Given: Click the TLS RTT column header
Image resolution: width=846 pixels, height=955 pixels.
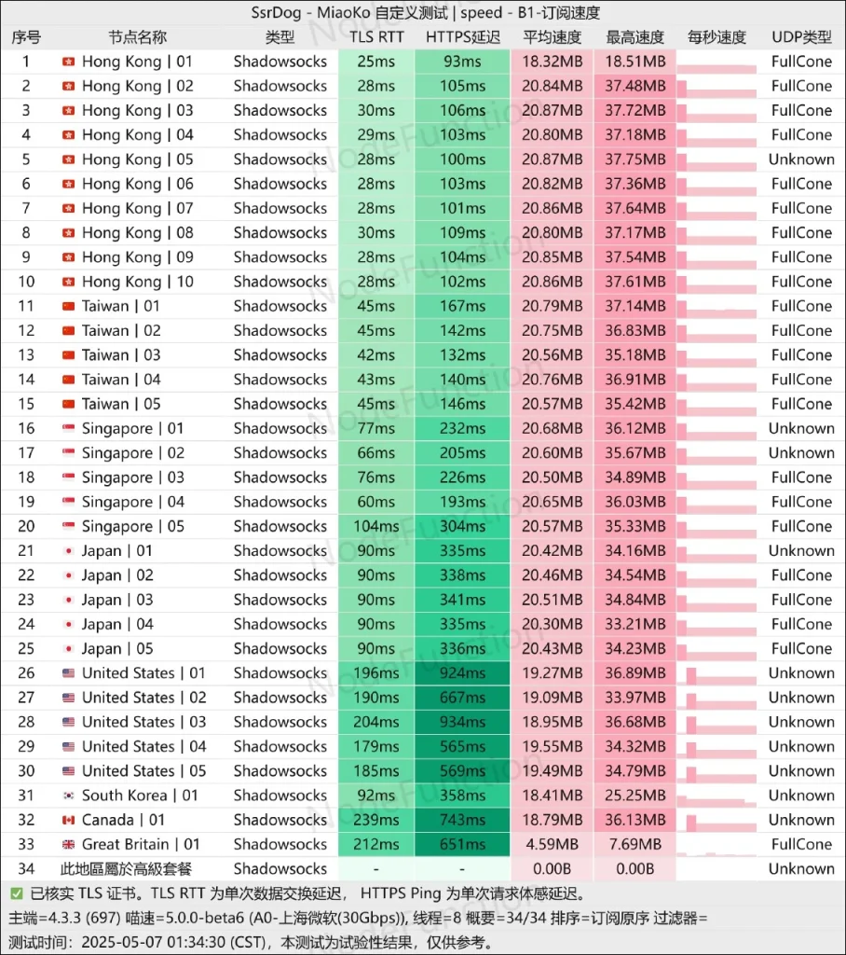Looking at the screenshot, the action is (376, 37).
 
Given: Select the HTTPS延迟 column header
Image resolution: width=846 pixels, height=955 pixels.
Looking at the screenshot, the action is (462, 37).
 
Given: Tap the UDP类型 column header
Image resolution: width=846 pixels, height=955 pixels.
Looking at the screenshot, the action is (801, 37).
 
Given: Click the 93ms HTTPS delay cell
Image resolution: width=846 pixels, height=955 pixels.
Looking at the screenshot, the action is (462, 62).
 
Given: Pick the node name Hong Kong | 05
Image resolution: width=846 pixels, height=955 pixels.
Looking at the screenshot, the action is (138, 159).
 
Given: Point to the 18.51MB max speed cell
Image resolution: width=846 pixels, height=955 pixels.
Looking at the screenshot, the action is (634, 62).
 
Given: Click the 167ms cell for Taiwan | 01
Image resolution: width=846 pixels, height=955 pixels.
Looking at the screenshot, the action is (462, 306).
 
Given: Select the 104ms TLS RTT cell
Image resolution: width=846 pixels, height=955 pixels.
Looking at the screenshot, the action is (376, 526).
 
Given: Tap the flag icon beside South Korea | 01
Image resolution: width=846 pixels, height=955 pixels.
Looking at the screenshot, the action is (69, 796).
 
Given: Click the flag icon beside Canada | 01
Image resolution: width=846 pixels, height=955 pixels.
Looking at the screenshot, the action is (69, 820).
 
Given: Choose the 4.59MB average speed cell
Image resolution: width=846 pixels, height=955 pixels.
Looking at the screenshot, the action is (552, 844).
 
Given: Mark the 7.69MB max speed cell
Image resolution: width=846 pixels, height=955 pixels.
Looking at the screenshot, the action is (634, 844).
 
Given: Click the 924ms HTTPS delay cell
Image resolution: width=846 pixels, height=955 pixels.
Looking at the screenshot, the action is (462, 673).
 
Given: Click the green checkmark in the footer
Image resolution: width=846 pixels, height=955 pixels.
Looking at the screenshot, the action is (17, 893).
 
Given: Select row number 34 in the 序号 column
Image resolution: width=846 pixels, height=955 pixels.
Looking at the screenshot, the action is (26, 868).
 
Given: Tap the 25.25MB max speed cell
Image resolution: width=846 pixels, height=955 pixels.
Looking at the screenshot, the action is (634, 796).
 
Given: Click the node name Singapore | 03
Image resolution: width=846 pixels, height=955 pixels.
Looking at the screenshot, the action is (132, 477).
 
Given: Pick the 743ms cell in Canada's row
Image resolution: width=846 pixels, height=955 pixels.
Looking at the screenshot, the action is (462, 820).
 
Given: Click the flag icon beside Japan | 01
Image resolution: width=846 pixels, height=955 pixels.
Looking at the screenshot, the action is (69, 550).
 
